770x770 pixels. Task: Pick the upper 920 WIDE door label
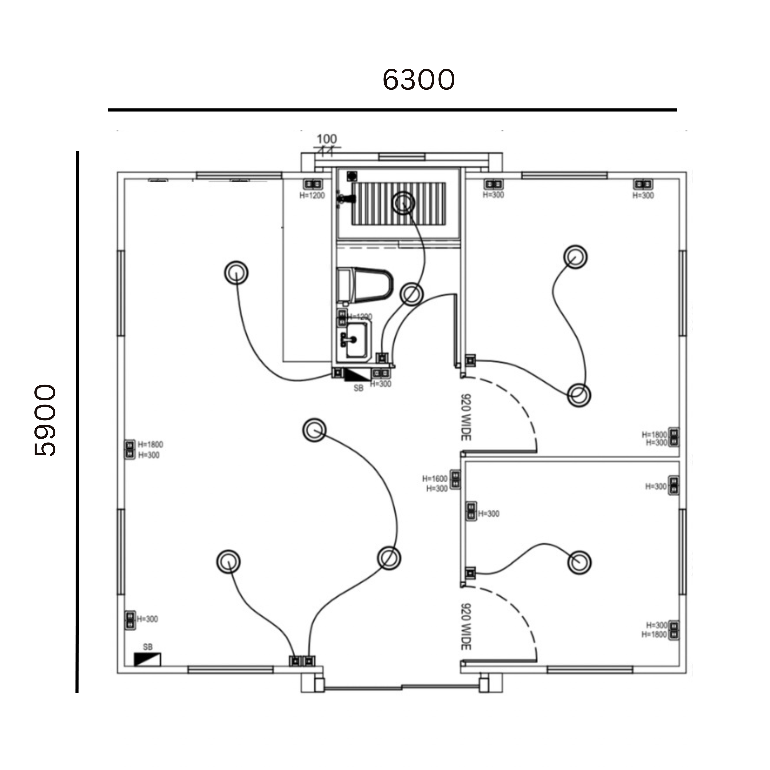pyautogui.click(x=465, y=417)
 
